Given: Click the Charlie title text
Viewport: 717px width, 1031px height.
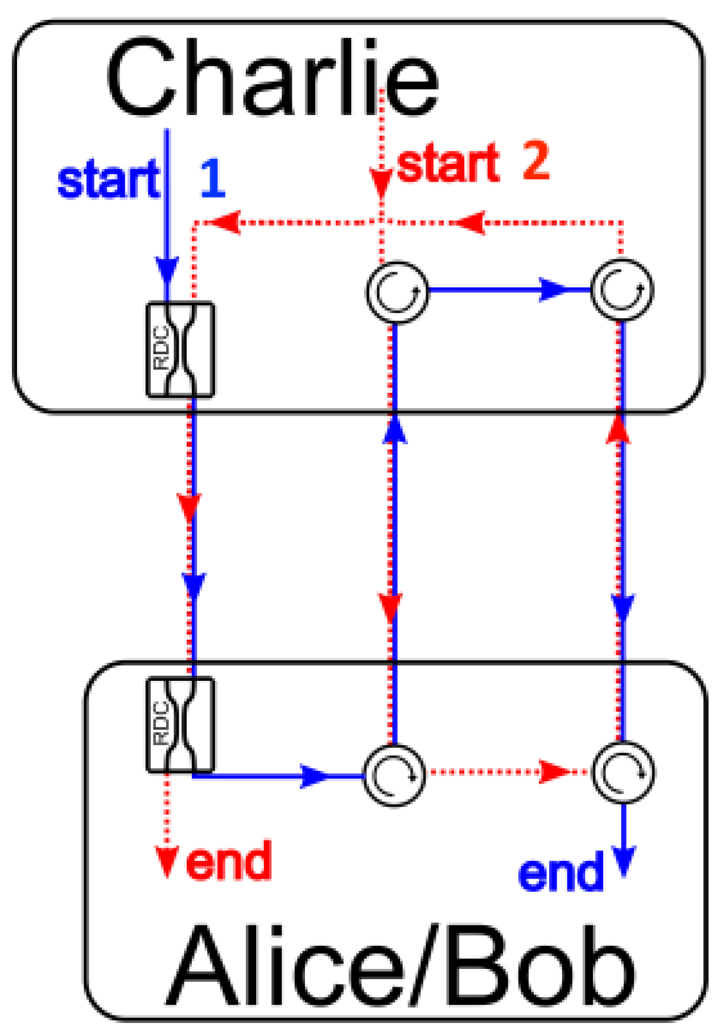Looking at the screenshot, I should point(272,78).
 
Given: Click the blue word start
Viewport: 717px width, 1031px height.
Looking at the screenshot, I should point(108,179).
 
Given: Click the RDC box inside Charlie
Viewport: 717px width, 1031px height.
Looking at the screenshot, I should point(180,349).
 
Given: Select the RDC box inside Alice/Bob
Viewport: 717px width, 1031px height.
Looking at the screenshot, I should point(180,724).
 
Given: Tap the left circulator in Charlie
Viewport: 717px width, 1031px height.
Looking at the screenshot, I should point(396,291).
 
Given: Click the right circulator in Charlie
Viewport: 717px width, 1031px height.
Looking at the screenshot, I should point(622,290).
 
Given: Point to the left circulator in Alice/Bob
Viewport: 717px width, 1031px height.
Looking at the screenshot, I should point(394,775).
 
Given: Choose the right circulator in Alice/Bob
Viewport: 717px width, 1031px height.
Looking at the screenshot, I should point(623,772).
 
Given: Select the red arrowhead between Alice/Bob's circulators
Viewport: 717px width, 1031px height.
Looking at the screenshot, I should point(553,772).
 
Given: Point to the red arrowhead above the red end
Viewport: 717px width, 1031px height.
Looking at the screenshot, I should point(167,861).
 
